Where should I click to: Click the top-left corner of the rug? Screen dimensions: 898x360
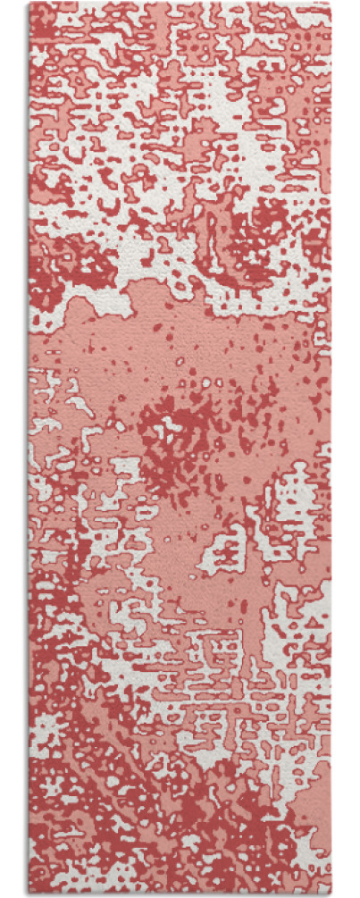29,3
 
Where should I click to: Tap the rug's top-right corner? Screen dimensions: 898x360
330,3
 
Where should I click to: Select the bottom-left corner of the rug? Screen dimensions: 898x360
29,894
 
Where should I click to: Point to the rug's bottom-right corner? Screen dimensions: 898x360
330,894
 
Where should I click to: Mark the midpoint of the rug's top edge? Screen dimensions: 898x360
179,3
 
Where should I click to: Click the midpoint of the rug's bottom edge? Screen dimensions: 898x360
179,894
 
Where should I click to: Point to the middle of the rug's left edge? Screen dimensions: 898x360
29,449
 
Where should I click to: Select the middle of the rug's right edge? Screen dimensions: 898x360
330,449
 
